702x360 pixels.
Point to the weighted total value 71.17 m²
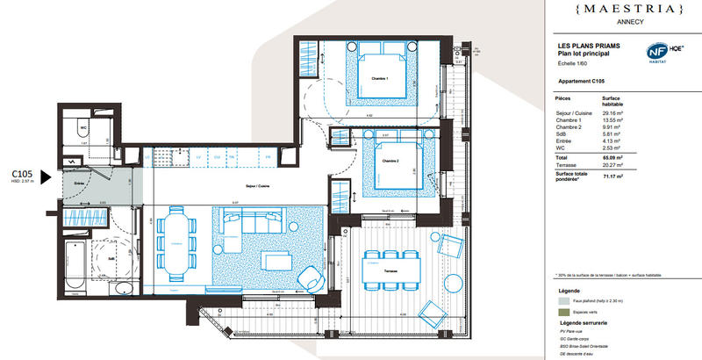(612, 176)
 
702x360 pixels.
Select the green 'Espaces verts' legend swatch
(562, 312)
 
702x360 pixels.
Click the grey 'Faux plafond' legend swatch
(562, 300)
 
